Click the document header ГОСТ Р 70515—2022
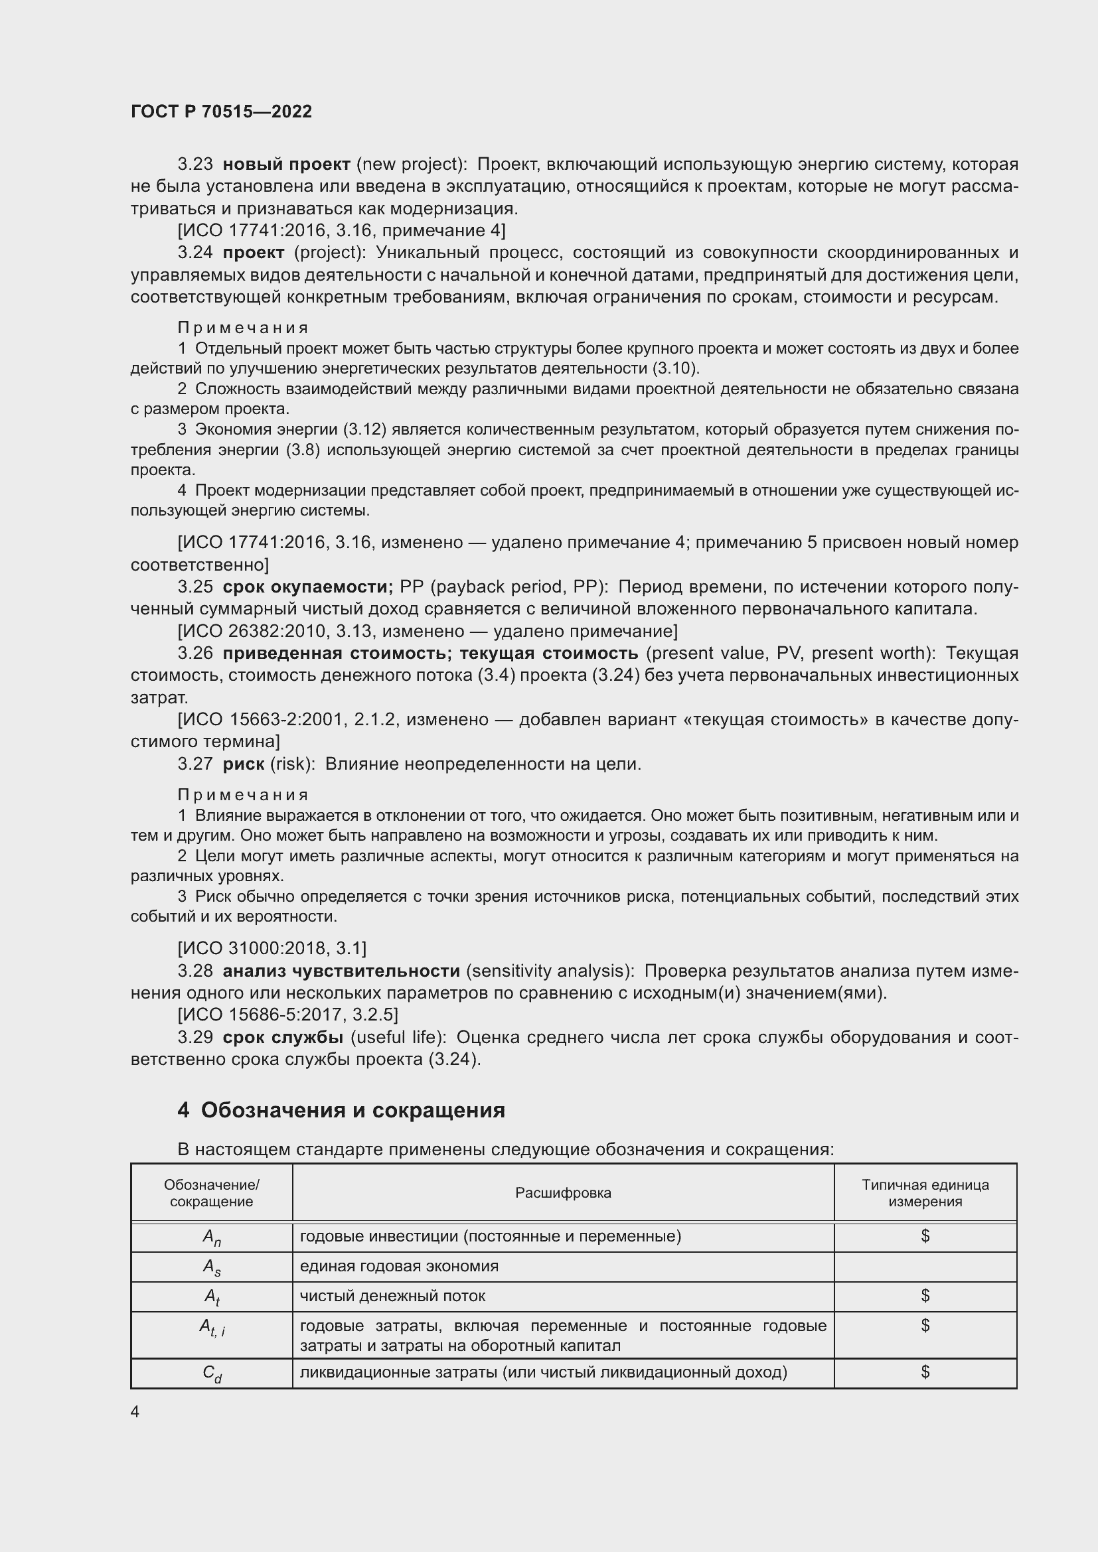[x=221, y=111]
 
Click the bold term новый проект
[x=286, y=165]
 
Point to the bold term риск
[x=244, y=764]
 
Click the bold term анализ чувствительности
[x=341, y=971]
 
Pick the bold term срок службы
[x=283, y=1038]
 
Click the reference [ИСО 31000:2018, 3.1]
[x=272, y=949]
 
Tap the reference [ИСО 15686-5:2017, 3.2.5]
[x=287, y=1015]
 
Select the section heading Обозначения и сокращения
[x=353, y=1111]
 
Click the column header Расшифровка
[x=562, y=1193]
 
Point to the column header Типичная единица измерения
[x=925, y=1193]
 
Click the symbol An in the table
[x=212, y=1237]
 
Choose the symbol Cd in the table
[x=212, y=1374]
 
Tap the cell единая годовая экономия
[x=399, y=1267]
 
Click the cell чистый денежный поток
[x=392, y=1297]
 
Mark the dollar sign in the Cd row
[x=925, y=1372]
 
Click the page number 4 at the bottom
[x=135, y=1412]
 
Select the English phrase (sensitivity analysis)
[x=550, y=971]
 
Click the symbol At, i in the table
[x=212, y=1328]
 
